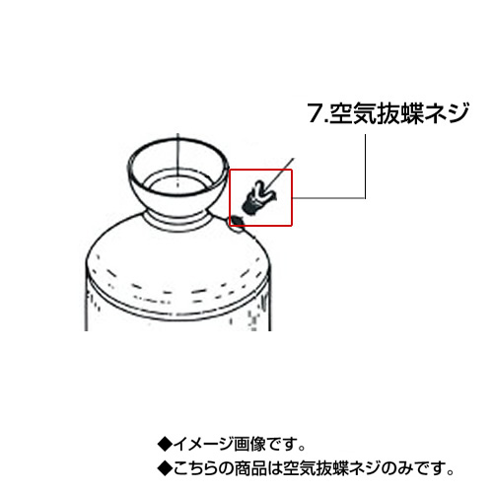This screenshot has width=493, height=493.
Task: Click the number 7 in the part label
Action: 317,113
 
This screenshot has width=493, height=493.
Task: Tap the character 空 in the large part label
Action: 341,113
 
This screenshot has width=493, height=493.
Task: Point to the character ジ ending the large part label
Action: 457,113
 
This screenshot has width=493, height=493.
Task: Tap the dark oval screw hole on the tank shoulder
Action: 238,220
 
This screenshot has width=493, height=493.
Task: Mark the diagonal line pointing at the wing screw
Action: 280,174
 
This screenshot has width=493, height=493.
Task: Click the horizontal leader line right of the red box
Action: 328,198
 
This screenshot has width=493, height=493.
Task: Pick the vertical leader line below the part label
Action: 365,166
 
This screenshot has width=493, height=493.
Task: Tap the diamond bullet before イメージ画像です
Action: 165,445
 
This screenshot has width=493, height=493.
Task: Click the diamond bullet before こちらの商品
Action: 165,469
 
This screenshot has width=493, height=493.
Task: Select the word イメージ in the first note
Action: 203,445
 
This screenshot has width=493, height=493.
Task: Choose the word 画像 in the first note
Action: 249,445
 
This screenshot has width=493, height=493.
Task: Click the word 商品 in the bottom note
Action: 249,469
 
